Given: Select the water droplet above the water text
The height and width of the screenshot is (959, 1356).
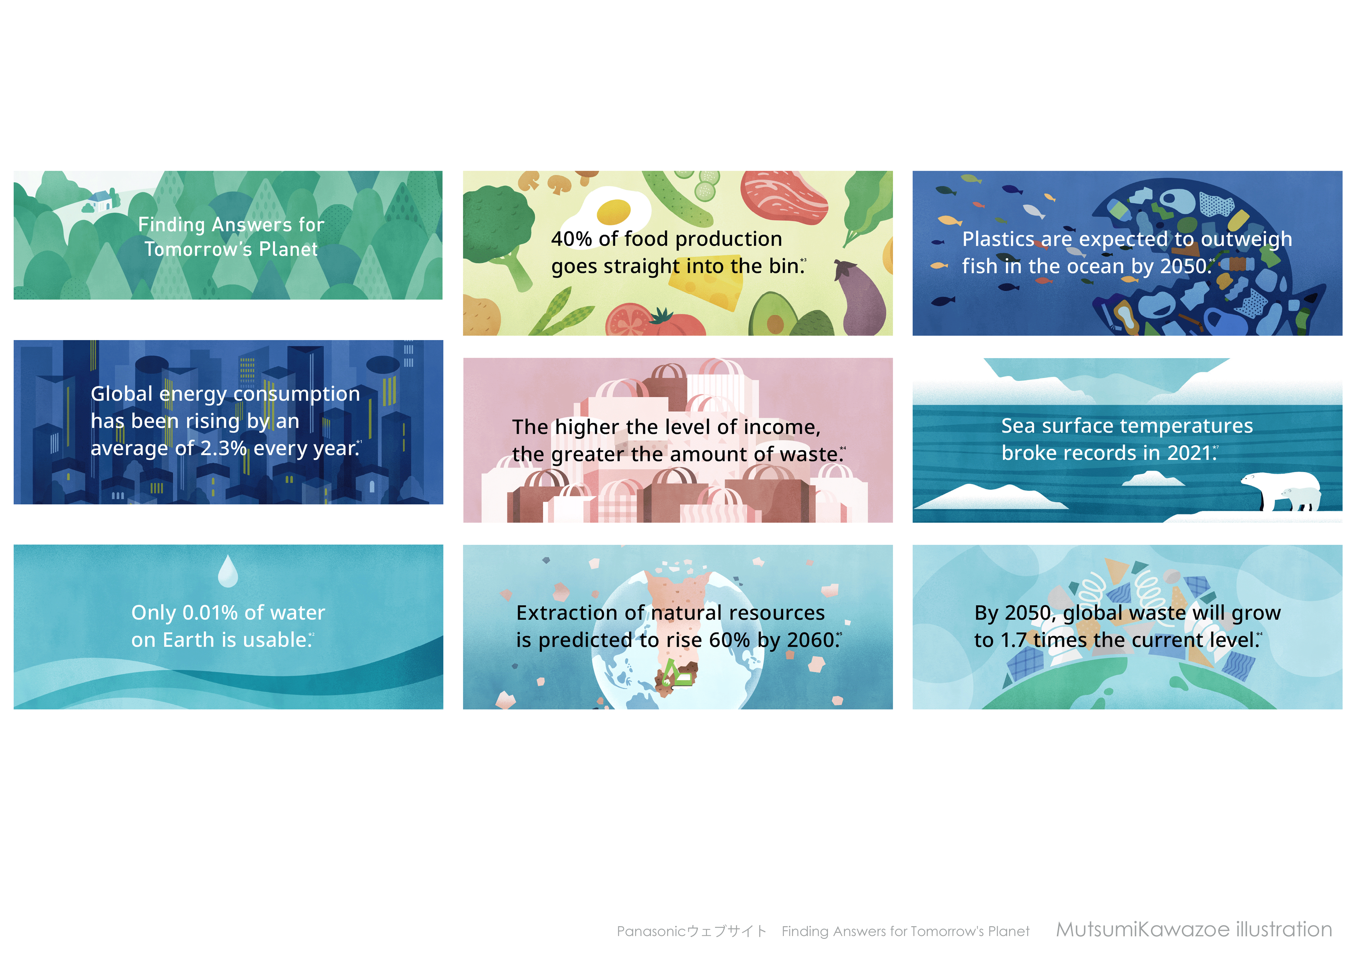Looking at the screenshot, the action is [x=228, y=571].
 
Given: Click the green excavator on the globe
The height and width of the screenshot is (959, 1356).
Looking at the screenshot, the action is [x=677, y=674].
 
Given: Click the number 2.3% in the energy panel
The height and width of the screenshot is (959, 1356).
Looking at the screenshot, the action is [x=223, y=449].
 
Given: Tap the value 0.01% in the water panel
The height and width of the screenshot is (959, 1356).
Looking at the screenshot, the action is [x=210, y=613].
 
